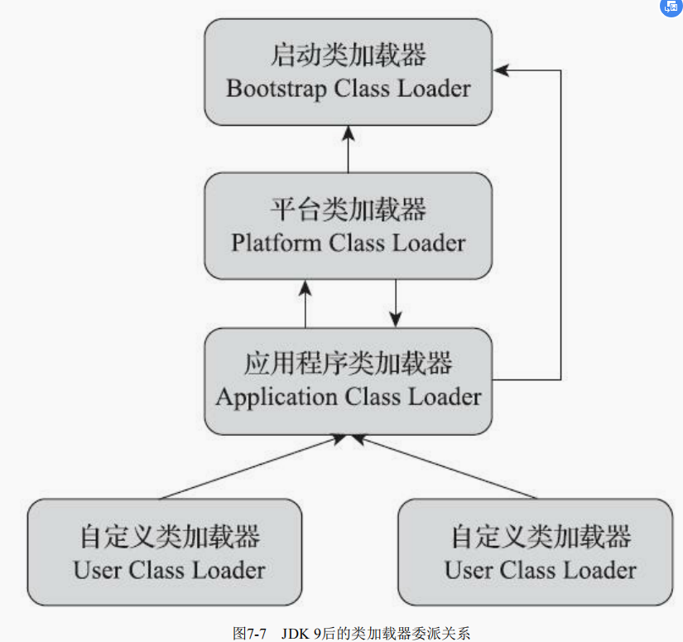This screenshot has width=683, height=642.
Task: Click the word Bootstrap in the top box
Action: pos(277,89)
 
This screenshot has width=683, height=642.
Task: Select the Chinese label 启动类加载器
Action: pos(349,57)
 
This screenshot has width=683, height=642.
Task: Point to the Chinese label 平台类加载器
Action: pos(349,210)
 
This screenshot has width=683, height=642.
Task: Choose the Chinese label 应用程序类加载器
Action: pos(349,364)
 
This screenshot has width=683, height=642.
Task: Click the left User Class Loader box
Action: pos(165,552)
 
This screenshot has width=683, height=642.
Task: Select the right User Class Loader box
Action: pos(536,552)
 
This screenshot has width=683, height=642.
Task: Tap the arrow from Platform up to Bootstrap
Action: pos(349,149)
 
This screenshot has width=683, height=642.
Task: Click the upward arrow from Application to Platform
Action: pos(305,303)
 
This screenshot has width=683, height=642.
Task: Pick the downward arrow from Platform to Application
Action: pos(396,303)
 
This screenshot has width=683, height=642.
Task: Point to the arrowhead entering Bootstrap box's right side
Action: pos(503,70)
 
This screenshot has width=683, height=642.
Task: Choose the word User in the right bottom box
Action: pos(468,570)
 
